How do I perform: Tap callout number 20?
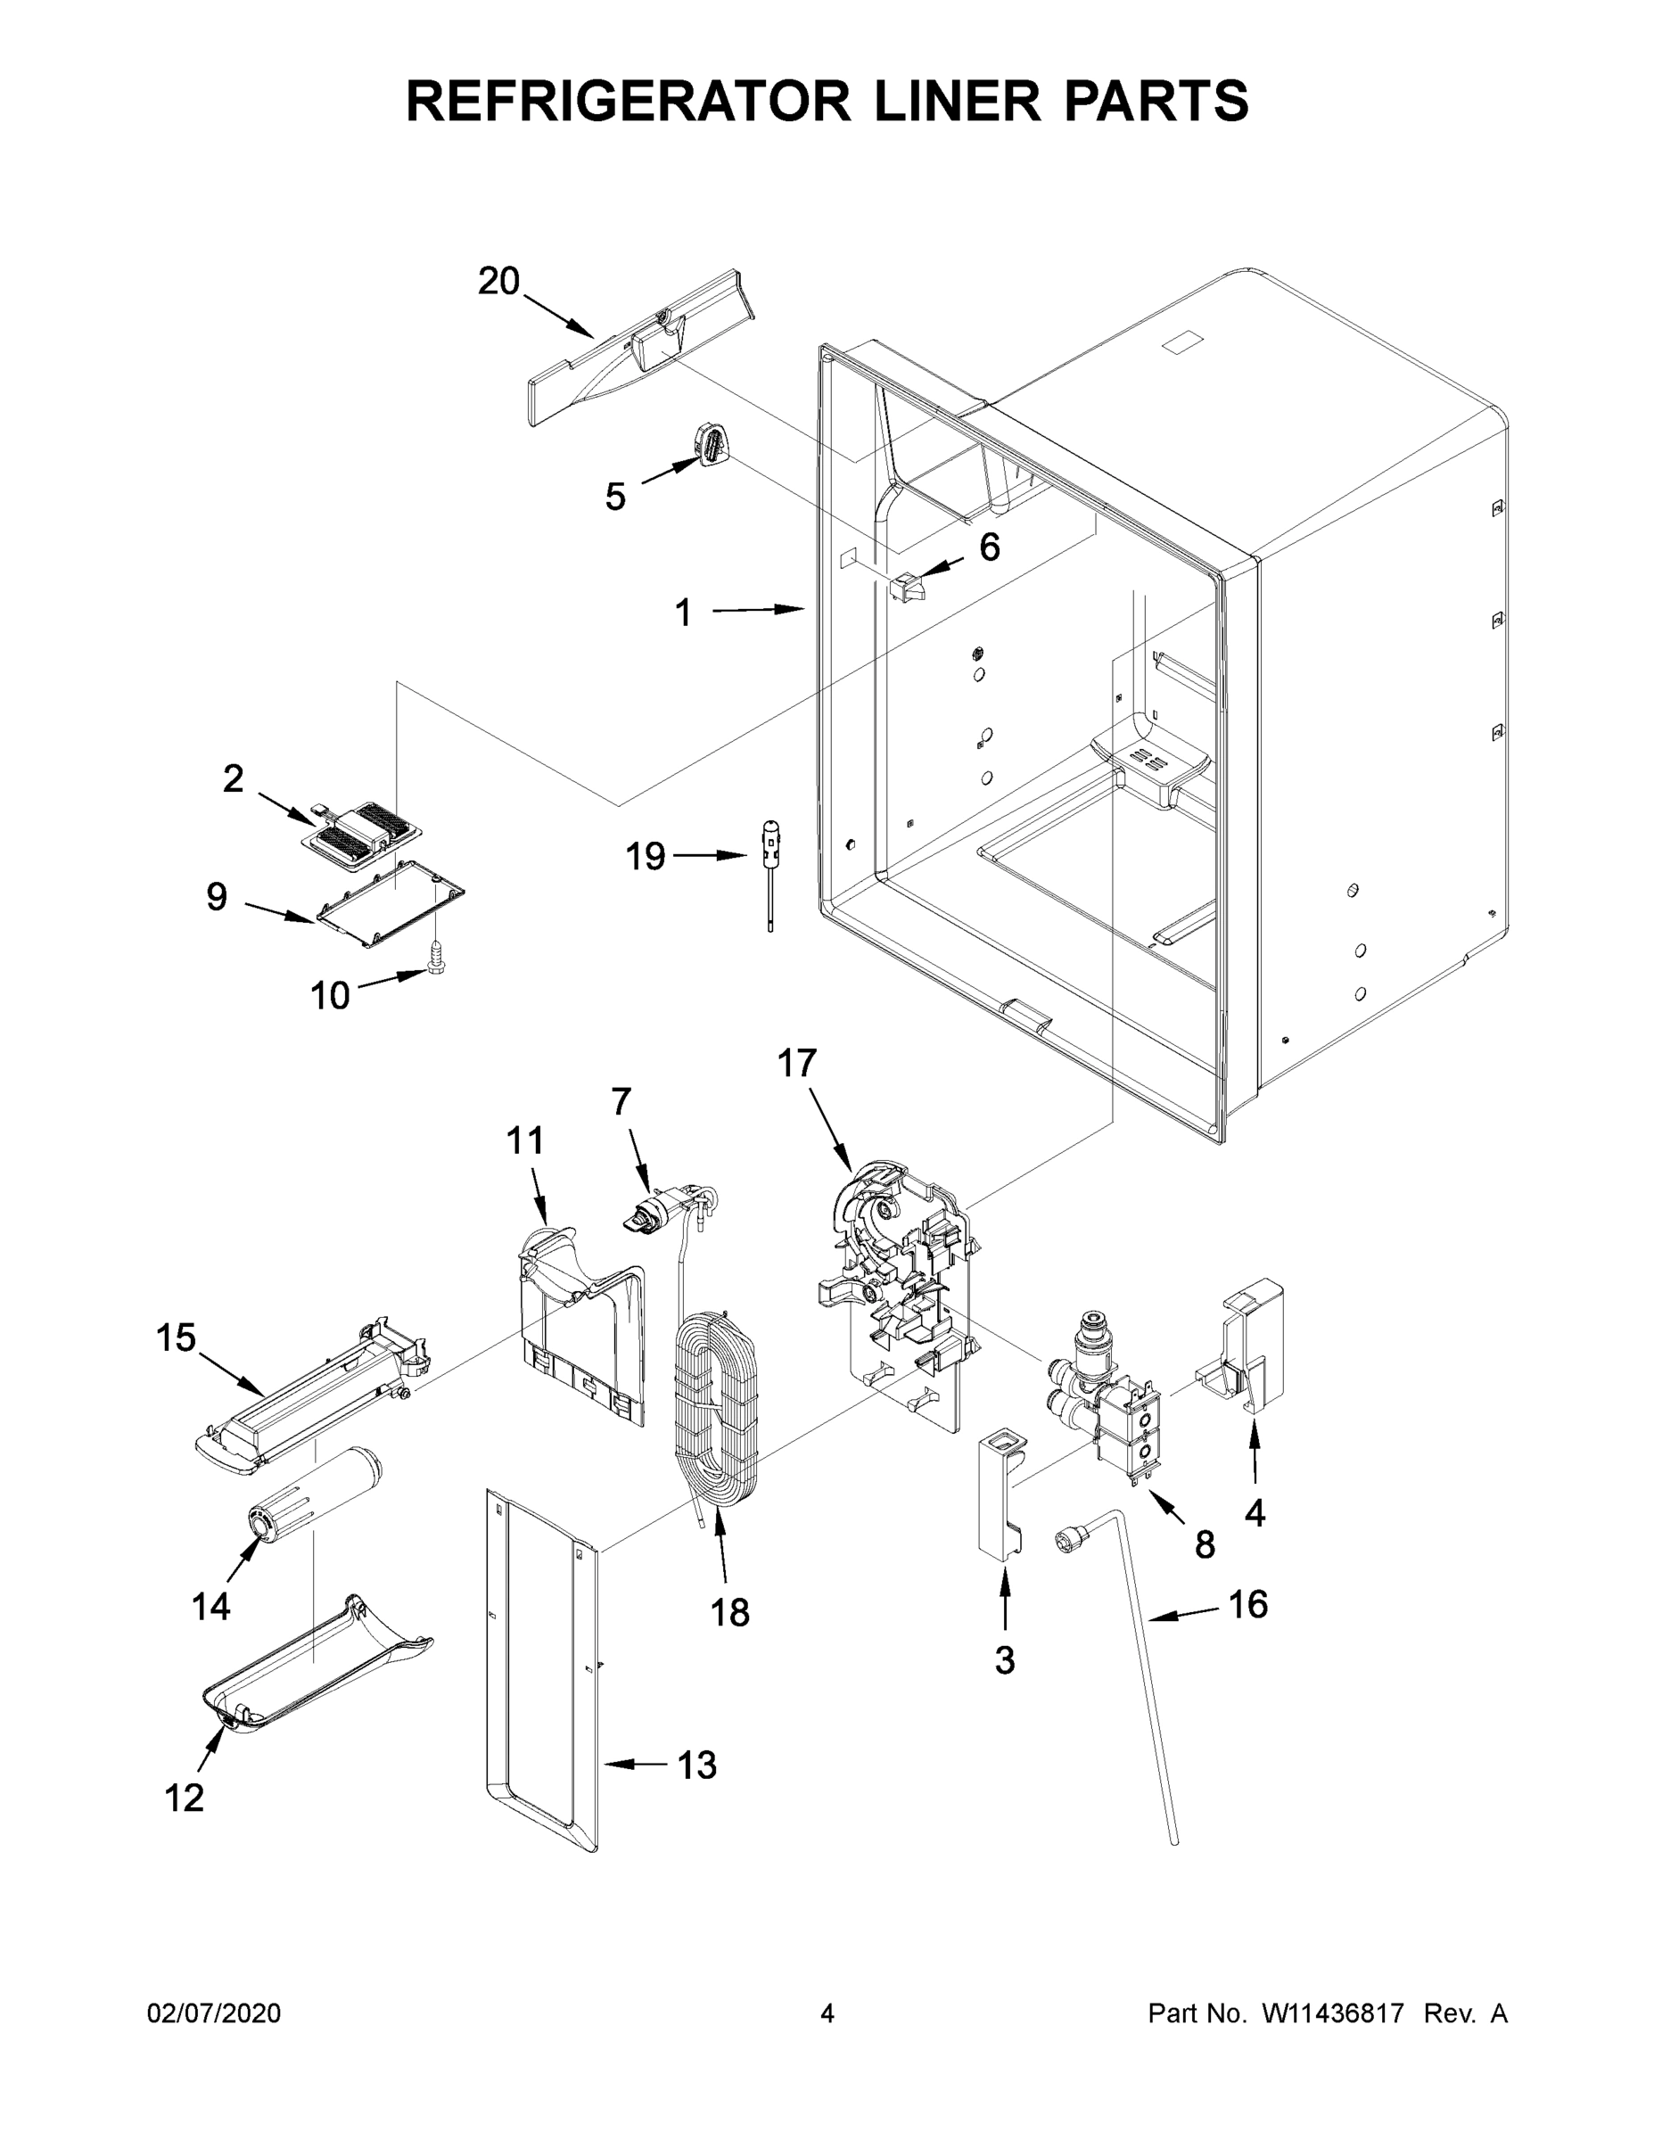(498, 282)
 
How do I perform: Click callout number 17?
(796, 1063)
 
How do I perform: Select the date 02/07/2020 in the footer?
(214, 2013)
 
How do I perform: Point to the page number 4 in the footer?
(827, 2013)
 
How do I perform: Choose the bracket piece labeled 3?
(1000, 1494)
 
